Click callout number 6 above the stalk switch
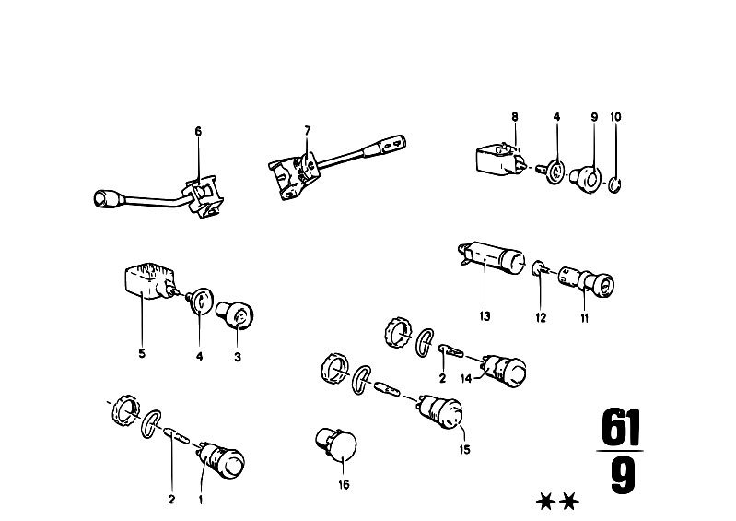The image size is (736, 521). click(198, 131)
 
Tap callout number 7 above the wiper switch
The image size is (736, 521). click(308, 130)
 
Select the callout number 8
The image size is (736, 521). click(515, 116)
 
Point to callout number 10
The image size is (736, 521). click(615, 116)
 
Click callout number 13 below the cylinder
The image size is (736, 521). click(485, 316)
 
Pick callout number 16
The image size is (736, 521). click(345, 484)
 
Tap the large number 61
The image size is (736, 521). click(621, 427)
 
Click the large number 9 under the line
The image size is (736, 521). click(623, 476)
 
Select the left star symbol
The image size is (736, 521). click(546, 502)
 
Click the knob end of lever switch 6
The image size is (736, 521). click(104, 199)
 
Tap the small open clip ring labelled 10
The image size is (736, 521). click(615, 184)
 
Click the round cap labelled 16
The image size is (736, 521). click(336, 444)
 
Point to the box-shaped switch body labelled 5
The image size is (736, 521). click(148, 281)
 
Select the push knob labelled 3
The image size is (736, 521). click(235, 314)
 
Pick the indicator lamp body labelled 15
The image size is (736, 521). click(439, 411)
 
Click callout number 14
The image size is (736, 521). click(465, 379)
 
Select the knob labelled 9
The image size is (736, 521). click(586, 180)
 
